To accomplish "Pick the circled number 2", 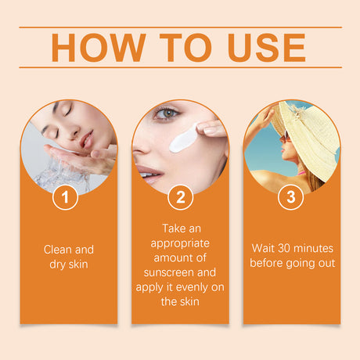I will click(x=180, y=196).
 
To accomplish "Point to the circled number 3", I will click(x=291, y=196).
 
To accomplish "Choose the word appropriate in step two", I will click(x=180, y=243).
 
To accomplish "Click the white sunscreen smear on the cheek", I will click(x=184, y=141).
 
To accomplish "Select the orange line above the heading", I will click(x=180, y=27).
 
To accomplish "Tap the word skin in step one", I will click(x=81, y=264).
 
